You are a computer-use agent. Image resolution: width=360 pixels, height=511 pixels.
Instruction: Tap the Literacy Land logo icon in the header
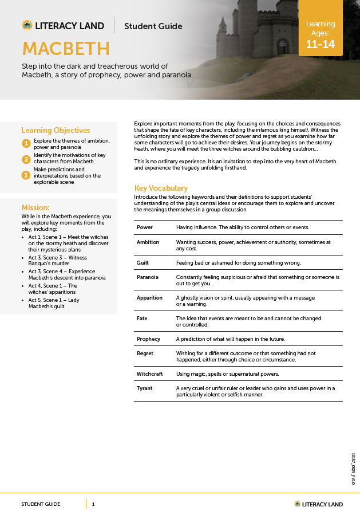coord(27,25)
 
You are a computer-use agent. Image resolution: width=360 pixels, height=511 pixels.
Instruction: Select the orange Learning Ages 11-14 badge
coord(321,34)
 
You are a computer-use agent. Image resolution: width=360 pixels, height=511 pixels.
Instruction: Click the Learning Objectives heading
coord(56,130)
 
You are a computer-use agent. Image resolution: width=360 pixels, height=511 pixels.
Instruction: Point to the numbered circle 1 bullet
coord(26,143)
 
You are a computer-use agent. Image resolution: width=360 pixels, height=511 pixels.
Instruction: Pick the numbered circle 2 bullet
coord(26,159)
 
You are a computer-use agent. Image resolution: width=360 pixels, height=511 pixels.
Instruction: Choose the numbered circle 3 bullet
coord(26,175)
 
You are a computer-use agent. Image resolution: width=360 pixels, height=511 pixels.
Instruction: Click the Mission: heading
coord(35,207)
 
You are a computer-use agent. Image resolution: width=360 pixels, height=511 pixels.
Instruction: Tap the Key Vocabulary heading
coord(161,188)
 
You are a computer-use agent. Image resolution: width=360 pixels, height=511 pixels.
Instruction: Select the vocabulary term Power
coord(145,227)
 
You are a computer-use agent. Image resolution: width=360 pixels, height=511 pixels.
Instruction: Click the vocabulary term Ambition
coord(148,242)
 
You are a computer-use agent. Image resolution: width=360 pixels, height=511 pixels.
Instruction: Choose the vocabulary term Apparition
coord(149,298)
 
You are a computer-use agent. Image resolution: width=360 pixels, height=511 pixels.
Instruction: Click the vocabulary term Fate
coord(142,319)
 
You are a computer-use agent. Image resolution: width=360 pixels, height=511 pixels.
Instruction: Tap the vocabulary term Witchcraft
coord(150,374)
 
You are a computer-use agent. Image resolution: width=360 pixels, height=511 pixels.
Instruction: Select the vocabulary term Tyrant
coord(145,388)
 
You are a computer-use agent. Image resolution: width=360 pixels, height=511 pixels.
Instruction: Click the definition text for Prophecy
coord(230,339)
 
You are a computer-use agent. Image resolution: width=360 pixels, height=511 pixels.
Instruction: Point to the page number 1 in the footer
coord(93,504)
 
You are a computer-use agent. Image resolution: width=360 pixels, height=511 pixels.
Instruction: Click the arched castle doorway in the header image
coord(283,46)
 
